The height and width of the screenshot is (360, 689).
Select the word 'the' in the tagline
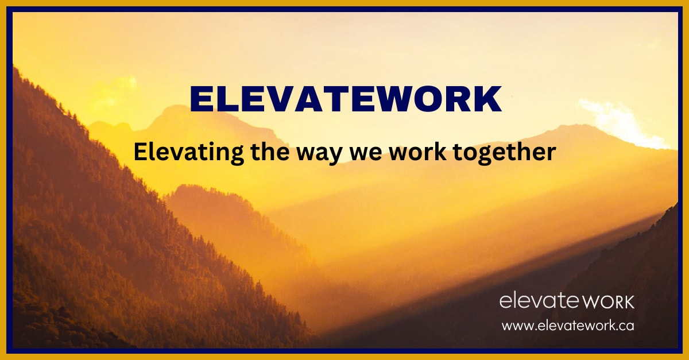click(270, 152)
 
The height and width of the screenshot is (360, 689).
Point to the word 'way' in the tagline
click(319, 155)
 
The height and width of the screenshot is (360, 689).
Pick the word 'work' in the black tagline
click(417, 152)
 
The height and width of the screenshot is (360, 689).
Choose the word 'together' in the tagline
click(505, 153)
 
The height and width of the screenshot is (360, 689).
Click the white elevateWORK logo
click(567, 301)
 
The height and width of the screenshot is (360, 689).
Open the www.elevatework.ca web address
click(568, 325)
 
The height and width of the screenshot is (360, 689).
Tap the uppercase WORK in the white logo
click(609, 302)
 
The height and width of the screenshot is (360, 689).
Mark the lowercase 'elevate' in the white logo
click(540, 301)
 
